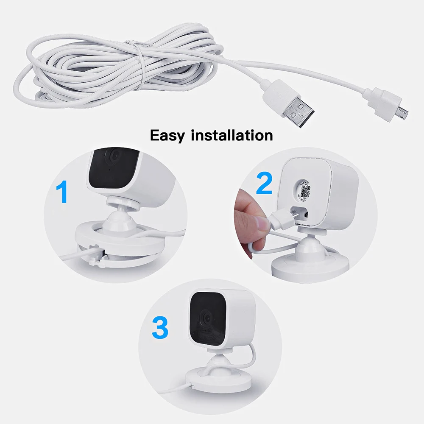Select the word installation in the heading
[x=232, y=135]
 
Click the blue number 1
[x=62, y=191]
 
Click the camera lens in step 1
[x=114, y=156]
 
